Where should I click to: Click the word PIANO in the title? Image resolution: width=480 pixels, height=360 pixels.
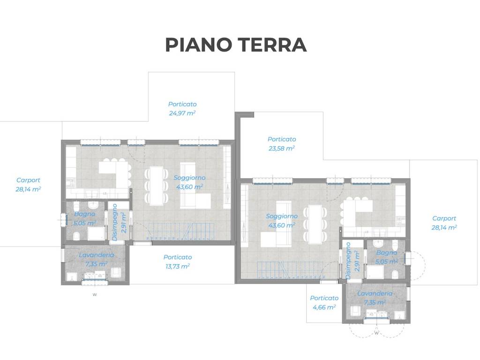198,45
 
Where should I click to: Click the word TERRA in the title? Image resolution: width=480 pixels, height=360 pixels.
272,45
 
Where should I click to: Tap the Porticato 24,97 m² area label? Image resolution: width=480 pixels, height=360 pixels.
182,109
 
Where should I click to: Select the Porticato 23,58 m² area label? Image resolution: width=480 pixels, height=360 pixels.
282,144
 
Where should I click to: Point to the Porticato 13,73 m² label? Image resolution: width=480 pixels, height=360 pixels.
178,262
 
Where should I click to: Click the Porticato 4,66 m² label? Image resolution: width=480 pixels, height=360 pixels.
324,302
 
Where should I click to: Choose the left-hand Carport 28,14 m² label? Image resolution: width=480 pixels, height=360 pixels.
28,185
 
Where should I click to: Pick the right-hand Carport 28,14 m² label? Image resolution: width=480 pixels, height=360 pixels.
444,223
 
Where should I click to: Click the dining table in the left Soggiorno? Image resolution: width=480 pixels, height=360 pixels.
157,186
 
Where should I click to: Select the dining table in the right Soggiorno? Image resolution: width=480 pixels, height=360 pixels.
315,225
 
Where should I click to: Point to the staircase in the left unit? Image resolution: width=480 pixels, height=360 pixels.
180,232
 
